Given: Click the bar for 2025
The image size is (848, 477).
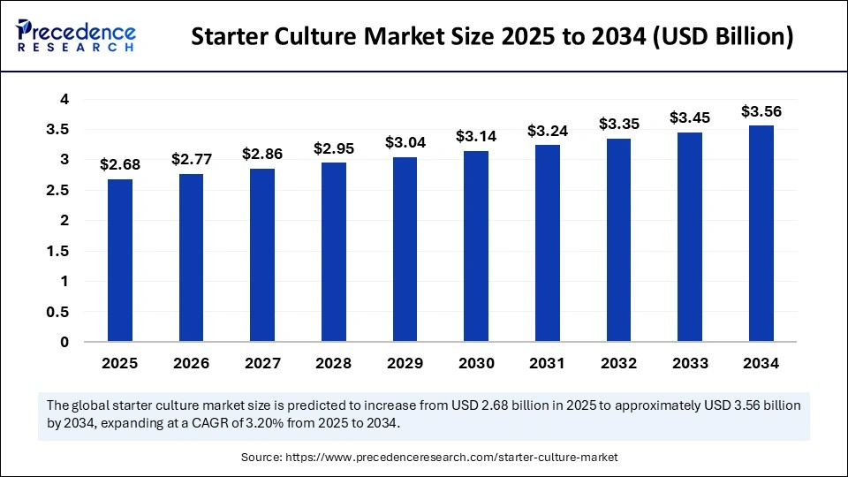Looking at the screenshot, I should pos(119,261).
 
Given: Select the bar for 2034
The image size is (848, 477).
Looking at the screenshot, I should pos(761,234).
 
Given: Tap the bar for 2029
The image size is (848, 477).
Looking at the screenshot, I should pos(405,250).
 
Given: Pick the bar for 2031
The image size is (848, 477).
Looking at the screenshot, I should pos(547,244).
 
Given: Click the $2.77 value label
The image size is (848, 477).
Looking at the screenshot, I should pos(191,160).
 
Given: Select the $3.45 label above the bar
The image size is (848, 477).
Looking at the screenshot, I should pos(690,117).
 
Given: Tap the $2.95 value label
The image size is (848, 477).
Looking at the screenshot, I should pos(333,148).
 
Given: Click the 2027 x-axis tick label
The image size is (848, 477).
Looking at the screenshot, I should pos(262,363).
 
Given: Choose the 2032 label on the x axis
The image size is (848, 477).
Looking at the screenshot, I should pos(618,363).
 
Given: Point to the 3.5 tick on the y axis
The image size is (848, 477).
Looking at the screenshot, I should pos(57,130).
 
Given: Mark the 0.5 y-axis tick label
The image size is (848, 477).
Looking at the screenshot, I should pos(57,312).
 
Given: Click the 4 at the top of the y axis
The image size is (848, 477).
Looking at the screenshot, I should pos(64,100).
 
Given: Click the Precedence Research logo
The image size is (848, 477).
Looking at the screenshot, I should pos(76,36).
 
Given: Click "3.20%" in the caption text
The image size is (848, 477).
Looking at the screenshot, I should pos(299,423).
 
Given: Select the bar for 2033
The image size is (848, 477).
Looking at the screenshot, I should pos(690,238).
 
